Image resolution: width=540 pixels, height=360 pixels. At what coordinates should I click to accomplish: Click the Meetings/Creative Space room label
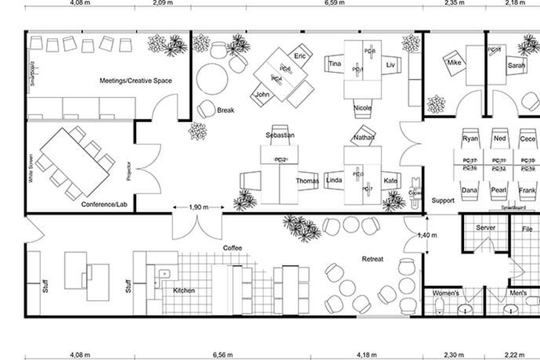[135, 81]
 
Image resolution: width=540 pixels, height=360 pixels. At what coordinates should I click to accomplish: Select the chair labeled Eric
[299, 56]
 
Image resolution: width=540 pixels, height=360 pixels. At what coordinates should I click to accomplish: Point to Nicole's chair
[362, 108]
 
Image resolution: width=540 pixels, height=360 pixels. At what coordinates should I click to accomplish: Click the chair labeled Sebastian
[280, 135]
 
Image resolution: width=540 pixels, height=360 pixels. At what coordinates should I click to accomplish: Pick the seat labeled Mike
[454, 63]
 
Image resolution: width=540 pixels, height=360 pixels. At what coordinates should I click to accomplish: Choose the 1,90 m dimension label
[198, 207]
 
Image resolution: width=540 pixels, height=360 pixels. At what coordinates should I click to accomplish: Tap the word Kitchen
[184, 291]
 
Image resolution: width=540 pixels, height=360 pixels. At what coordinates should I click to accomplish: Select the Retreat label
[373, 259]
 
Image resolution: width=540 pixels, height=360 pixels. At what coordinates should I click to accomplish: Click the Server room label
[486, 228]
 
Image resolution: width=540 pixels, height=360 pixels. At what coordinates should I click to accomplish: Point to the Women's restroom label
[445, 293]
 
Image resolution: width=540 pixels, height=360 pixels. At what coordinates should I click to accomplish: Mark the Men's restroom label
[518, 293]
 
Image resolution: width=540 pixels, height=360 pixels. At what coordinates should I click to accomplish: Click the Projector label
[128, 171]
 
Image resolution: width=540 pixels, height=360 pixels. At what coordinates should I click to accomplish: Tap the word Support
[443, 200]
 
